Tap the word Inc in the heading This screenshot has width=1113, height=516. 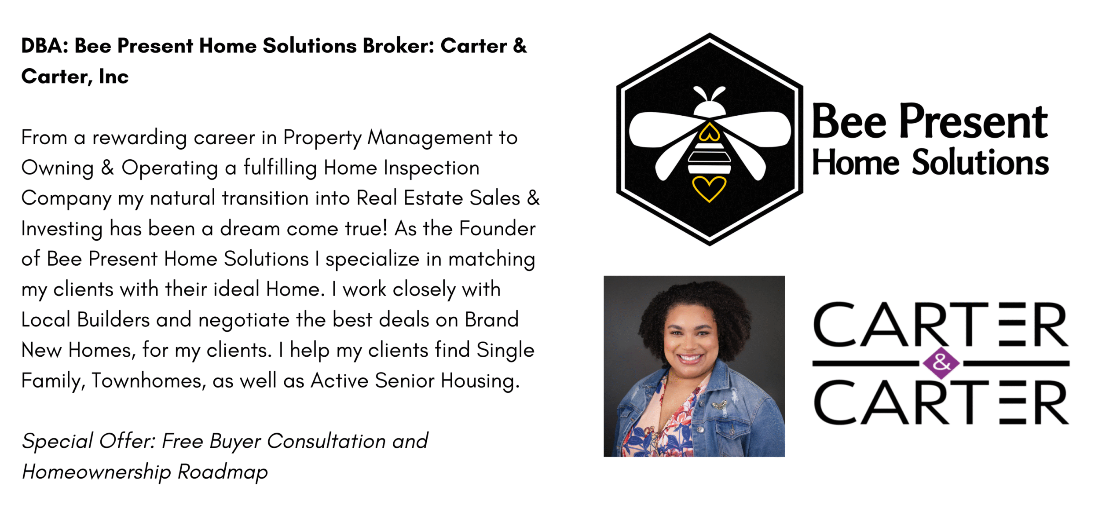(113, 77)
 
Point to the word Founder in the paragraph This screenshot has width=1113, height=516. (498, 229)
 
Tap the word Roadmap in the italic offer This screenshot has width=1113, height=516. (223, 472)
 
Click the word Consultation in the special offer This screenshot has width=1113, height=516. (326, 441)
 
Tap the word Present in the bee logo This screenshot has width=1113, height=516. (974, 122)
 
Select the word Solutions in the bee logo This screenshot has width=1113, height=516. (980, 162)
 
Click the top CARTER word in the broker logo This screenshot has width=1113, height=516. (941, 324)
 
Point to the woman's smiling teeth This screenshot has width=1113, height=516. (690, 358)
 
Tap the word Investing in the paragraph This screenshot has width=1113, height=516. (62, 229)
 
